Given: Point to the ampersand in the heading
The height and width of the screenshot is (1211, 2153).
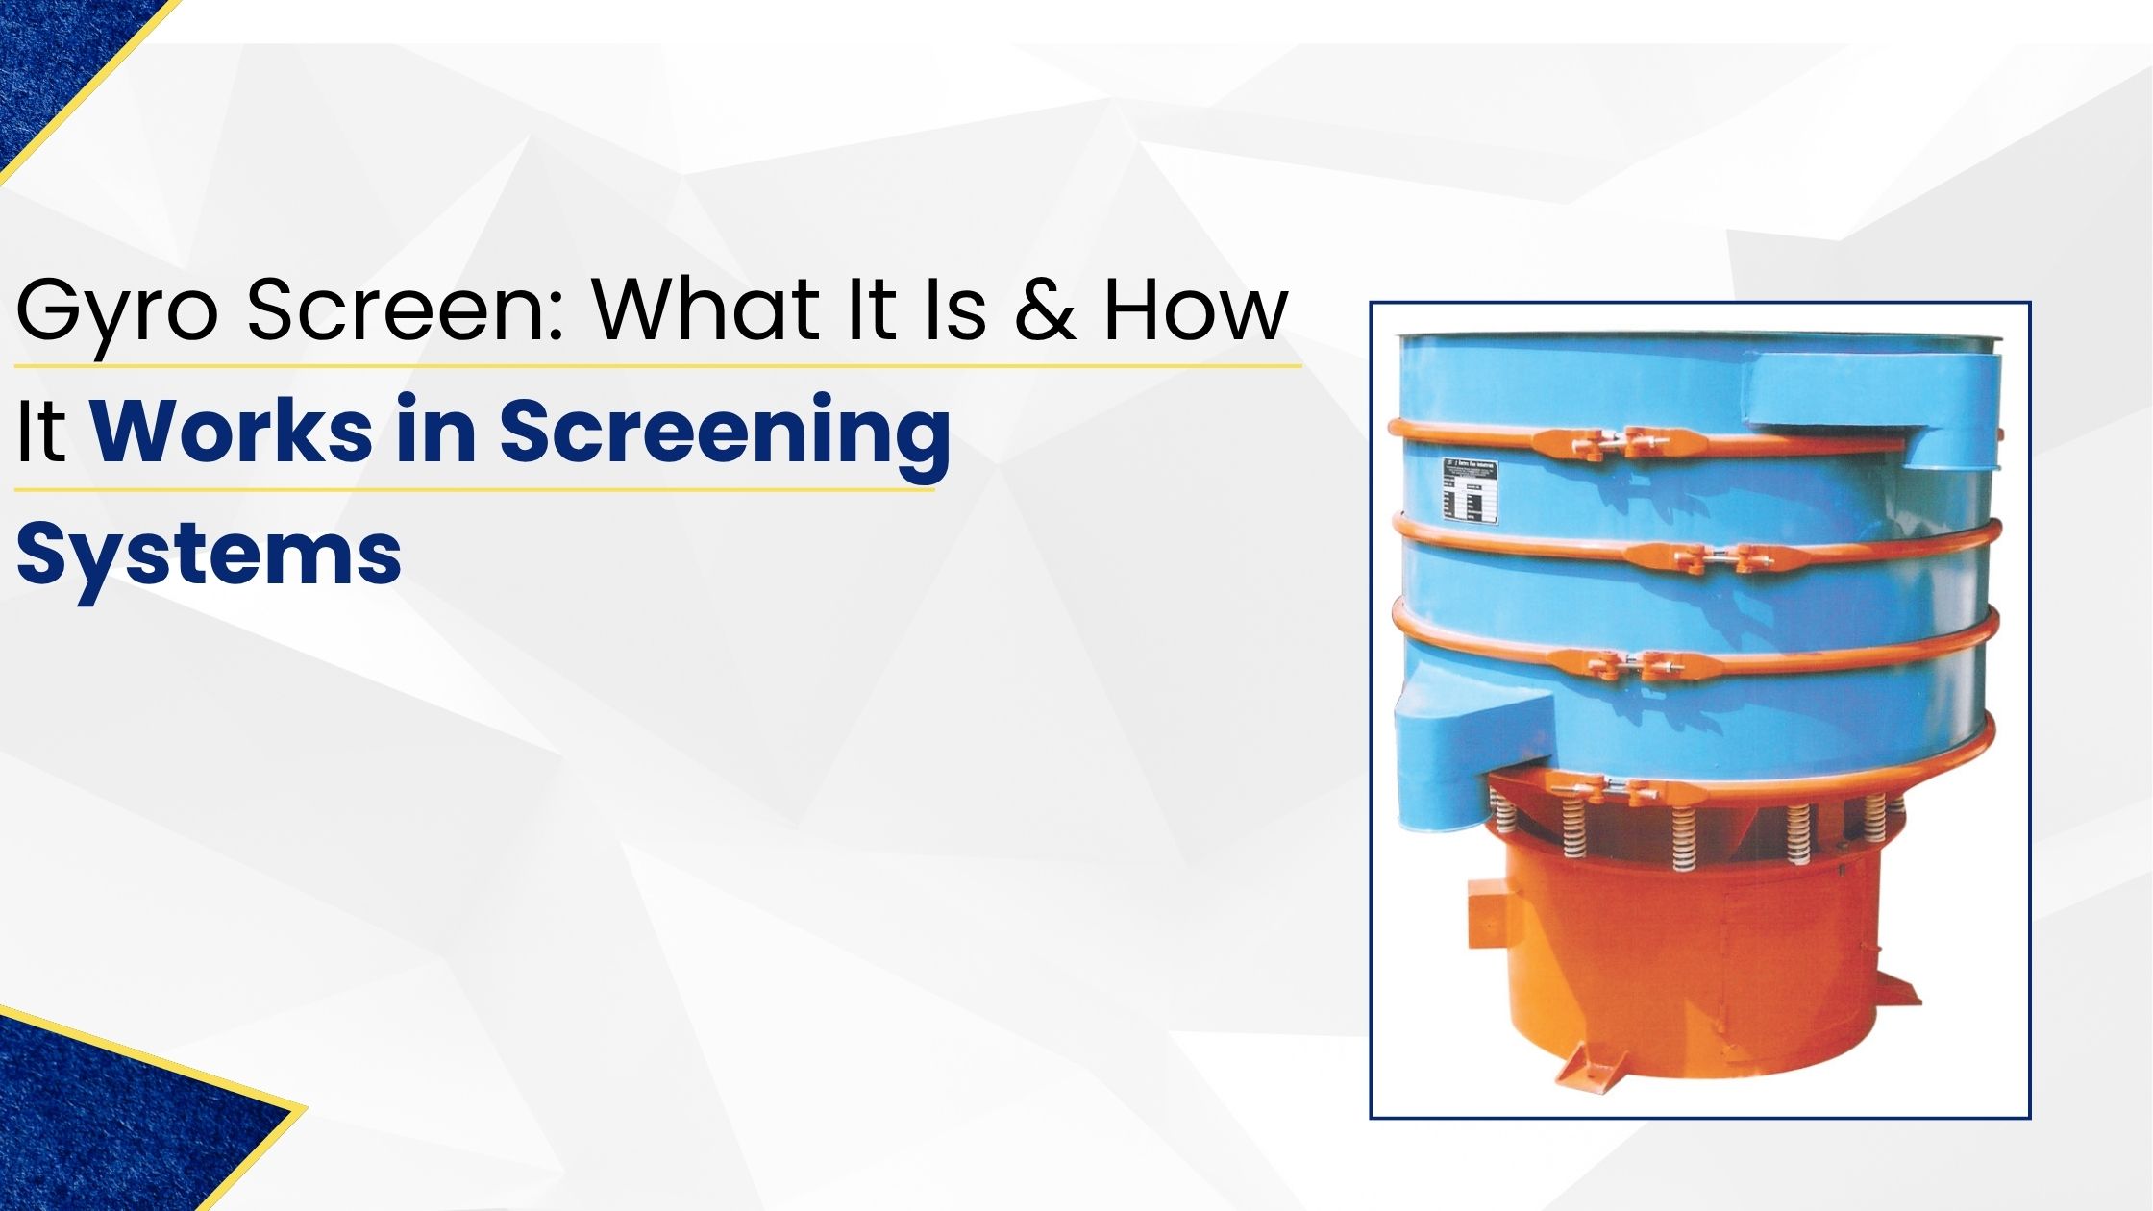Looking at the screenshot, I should click(1045, 311).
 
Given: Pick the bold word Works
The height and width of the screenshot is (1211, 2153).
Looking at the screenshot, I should click(232, 432).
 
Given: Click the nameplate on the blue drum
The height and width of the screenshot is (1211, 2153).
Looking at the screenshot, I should click(1470, 491).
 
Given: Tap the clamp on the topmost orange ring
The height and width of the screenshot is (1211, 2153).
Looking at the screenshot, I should click(1606, 443).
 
